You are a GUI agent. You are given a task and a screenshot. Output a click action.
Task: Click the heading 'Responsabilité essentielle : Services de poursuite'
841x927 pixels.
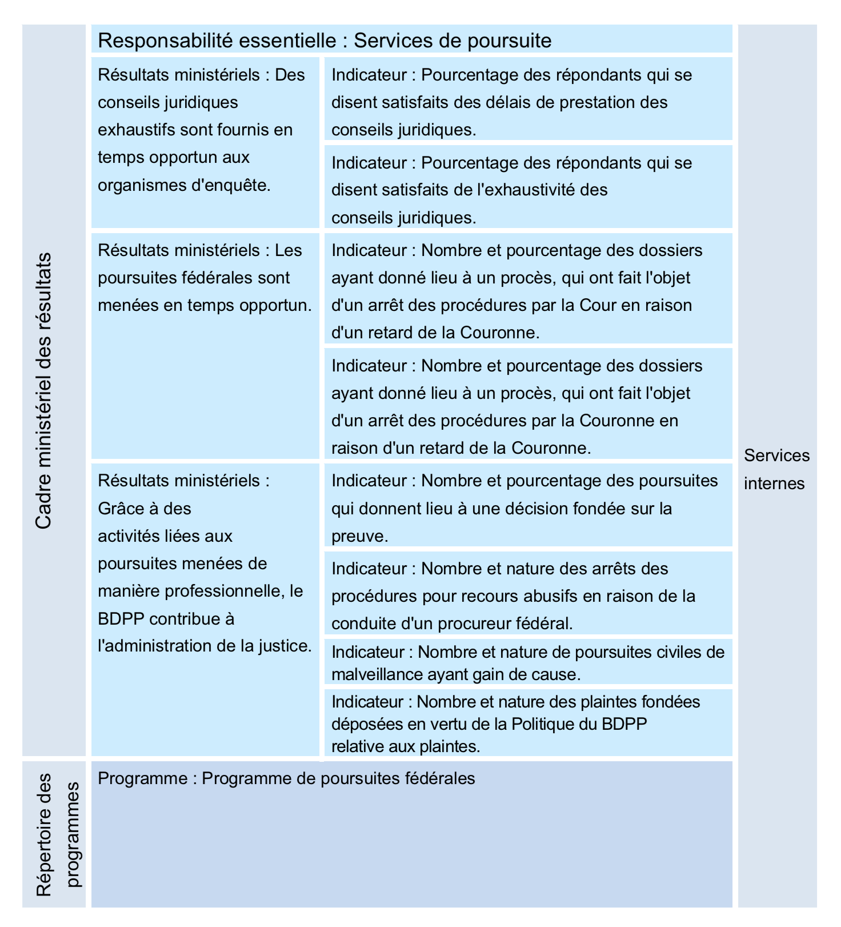pyautogui.click(x=325, y=41)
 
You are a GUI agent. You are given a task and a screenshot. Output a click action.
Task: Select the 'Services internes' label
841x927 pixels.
pyautogui.click(x=776, y=469)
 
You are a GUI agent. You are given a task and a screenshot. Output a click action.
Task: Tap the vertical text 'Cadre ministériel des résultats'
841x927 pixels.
pyautogui.click(x=44, y=391)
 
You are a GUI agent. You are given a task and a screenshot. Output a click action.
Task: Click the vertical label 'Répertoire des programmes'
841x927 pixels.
pyautogui.click(x=58, y=834)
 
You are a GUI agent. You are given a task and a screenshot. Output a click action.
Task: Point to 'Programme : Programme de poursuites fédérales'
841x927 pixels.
pyautogui.click(x=286, y=778)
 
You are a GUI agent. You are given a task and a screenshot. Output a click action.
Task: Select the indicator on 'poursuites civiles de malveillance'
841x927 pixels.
pyautogui.click(x=528, y=663)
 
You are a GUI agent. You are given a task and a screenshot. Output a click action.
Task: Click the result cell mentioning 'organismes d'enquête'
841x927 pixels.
pyautogui.click(x=205, y=130)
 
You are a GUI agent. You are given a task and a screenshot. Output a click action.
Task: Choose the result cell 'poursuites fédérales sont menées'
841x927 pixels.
pyautogui.click(x=205, y=278)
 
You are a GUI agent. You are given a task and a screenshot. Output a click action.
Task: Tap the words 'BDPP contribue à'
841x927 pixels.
pyautogui.click(x=166, y=619)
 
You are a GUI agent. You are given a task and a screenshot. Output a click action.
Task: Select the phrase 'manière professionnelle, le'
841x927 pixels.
pyautogui.click(x=200, y=591)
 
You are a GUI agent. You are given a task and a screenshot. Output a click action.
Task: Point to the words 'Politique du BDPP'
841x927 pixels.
pyautogui.click(x=579, y=724)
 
